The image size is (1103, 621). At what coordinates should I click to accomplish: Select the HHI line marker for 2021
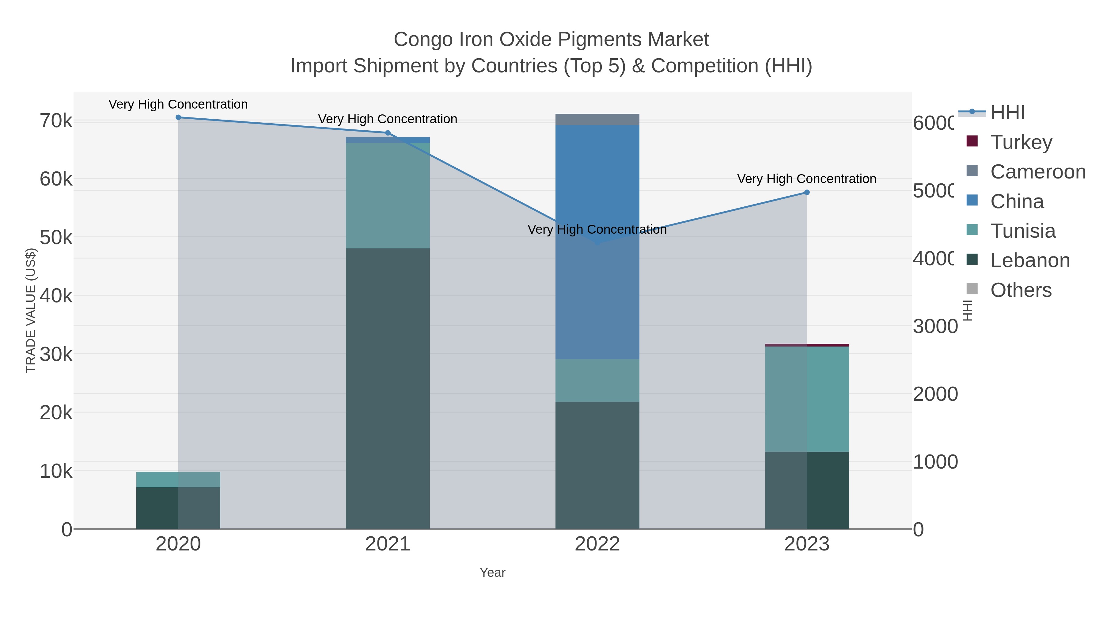pyautogui.click(x=388, y=133)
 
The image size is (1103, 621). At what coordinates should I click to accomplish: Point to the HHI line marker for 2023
pyautogui.click(x=807, y=192)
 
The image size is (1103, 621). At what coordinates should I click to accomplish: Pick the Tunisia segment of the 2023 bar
pyautogui.click(x=807, y=399)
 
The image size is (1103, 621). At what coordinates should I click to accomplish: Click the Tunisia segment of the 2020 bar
pyautogui.click(x=178, y=480)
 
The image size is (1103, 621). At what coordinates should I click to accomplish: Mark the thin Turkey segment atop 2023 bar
pyautogui.click(x=807, y=345)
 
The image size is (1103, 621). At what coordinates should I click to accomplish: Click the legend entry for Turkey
pyautogui.click(x=1021, y=142)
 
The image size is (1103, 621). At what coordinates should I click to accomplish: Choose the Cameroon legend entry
pyautogui.click(x=1037, y=172)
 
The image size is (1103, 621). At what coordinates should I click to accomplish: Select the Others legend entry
pyautogui.click(x=1021, y=290)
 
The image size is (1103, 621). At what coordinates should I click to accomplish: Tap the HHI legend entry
pyautogui.click(x=1007, y=113)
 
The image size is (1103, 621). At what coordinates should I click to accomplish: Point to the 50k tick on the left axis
pyautogui.click(x=56, y=237)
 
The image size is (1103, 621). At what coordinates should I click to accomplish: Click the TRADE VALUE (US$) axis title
pyautogui.click(x=31, y=310)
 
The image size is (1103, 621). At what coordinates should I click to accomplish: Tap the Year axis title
pyautogui.click(x=492, y=573)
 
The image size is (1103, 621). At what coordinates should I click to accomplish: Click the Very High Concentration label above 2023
pyautogui.click(x=806, y=179)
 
